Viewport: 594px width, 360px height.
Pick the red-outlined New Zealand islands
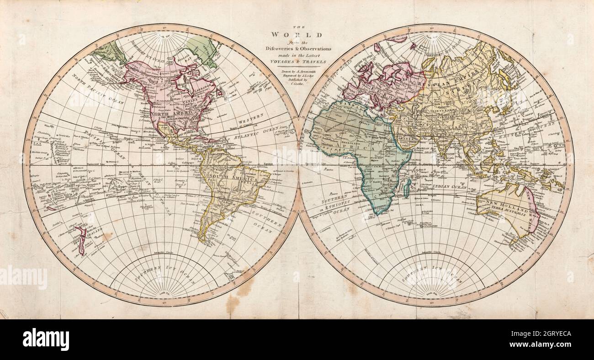click(x=81, y=240)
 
